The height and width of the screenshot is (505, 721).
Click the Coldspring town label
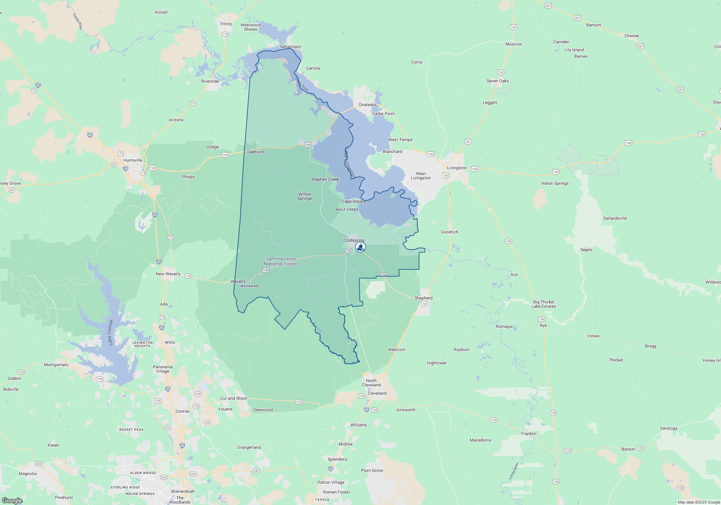pyautogui.click(x=354, y=240)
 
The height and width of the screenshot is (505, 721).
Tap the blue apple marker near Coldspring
pyautogui.click(x=360, y=247)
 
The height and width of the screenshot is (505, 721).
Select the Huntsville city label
pyautogui.click(x=133, y=160)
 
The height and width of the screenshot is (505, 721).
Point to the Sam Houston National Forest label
pyautogui.click(x=281, y=261)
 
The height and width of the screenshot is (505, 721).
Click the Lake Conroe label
pyautogui.click(x=110, y=332)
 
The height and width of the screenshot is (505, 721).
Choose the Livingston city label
pyautogui.click(x=457, y=168)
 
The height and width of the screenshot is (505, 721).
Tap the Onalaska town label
pyautogui.click(x=367, y=105)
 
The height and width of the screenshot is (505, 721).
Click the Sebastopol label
pyautogui.click(x=290, y=47)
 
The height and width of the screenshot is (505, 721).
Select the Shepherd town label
pyautogui.click(x=423, y=298)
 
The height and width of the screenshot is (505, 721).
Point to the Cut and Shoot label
pyautogui.click(x=234, y=398)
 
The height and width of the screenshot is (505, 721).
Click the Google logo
pyautogui.click(x=12, y=500)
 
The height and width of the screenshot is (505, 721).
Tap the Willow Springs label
pyautogui.click(x=305, y=196)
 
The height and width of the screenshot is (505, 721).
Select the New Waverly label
pyautogui.click(x=168, y=274)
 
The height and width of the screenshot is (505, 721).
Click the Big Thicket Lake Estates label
pyautogui.click(x=544, y=304)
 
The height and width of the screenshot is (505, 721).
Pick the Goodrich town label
pyautogui.click(x=450, y=232)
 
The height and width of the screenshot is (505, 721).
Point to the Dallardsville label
pyautogui.click(x=615, y=218)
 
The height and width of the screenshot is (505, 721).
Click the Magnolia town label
pyautogui.click(x=28, y=474)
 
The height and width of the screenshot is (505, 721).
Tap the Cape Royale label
pyautogui.click(x=353, y=201)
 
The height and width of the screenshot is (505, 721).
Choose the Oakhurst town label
pyautogui.click(x=256, y=152)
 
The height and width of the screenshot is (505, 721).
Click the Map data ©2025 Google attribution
pyautogui.click(x=698, y=502)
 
